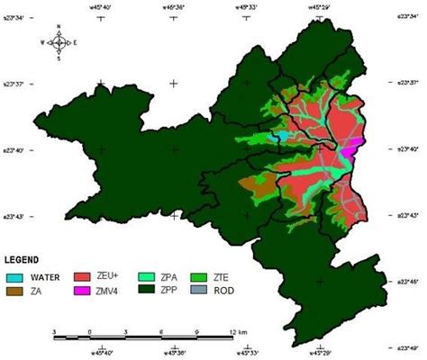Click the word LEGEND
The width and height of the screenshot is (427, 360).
pyautogui.click(x=27, y=259)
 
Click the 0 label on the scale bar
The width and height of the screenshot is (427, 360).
pyautogui.click(x=90, y=332)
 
